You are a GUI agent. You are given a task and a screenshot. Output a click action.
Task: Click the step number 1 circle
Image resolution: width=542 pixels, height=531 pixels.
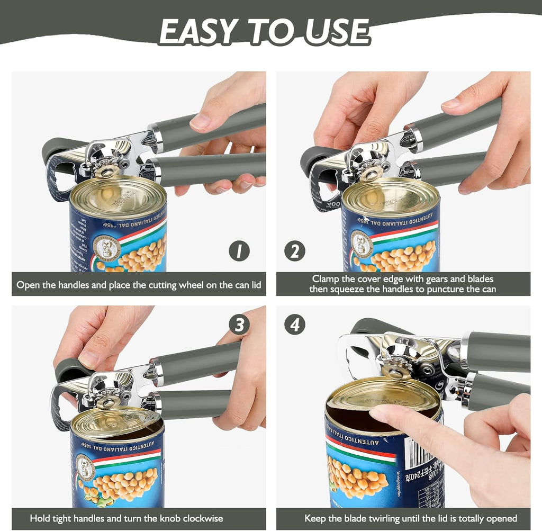tap(239, 250)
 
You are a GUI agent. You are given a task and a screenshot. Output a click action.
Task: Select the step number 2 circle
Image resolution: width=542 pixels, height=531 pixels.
tap(295, 250)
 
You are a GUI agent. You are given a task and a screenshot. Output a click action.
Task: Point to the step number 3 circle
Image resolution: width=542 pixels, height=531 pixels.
tap(239, 325)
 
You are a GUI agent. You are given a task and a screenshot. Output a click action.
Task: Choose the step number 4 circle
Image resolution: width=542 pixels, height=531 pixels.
tap(295, 325)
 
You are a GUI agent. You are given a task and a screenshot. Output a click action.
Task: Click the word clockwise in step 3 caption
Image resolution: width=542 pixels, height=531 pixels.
tap(197, 518)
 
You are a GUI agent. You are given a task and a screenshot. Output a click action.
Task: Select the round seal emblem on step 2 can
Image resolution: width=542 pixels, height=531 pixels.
tap(362, 244)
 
